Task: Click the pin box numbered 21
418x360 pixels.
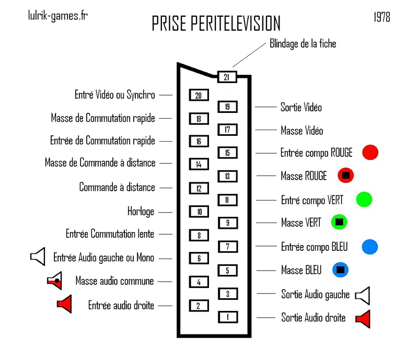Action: click(226, 77)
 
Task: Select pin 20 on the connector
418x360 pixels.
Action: click(199, 95)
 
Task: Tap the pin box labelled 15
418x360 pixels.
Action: click(227, 153)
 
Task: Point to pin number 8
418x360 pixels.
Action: click(199, 235)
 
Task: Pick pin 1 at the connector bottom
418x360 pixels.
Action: click(227, 316)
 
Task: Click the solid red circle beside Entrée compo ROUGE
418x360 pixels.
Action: click(370, 152)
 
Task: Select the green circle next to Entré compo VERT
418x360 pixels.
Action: click(364, 199)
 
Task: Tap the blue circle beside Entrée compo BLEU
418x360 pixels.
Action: click(369, 247)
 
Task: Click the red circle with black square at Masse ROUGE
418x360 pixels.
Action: click(345, 176)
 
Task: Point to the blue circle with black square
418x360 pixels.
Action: click(340, 270)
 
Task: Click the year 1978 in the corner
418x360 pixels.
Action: click(382, 17)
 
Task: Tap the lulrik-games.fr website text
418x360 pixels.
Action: click(57, 15)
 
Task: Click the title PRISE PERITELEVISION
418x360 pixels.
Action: click(216, 24)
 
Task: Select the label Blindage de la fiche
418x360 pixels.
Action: click(303, 44)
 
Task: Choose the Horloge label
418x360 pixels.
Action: click(141, 212)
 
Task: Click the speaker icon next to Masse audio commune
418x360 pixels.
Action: click(55, 281)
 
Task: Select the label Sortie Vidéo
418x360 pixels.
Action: click(301, 108)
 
